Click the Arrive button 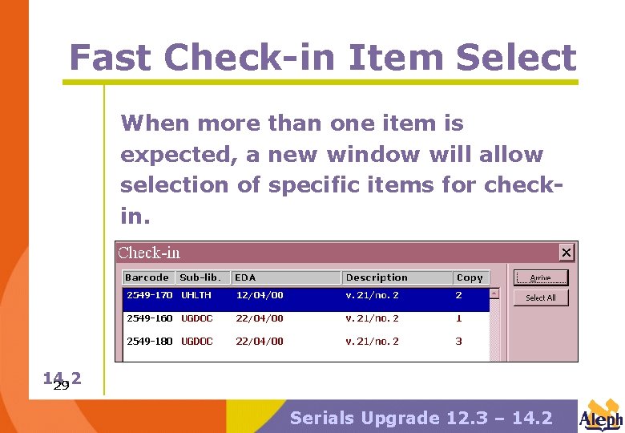pos(540,277)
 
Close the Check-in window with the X pos(567,253)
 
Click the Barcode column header pos(147,277)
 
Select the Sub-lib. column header pos(200,277)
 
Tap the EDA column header pos(245,277)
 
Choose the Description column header pos(377,277)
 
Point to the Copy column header pos(470,277)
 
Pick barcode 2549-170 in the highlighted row pos(150,295)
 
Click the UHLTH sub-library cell pos(196,295)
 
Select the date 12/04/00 pos(259,295)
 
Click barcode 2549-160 pos(150,318)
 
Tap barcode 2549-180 pos(150,341)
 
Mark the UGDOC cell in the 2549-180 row pos(197,341)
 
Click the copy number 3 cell pos(459,341)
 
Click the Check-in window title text pos(149,253)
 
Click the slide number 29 pos(60,386)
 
